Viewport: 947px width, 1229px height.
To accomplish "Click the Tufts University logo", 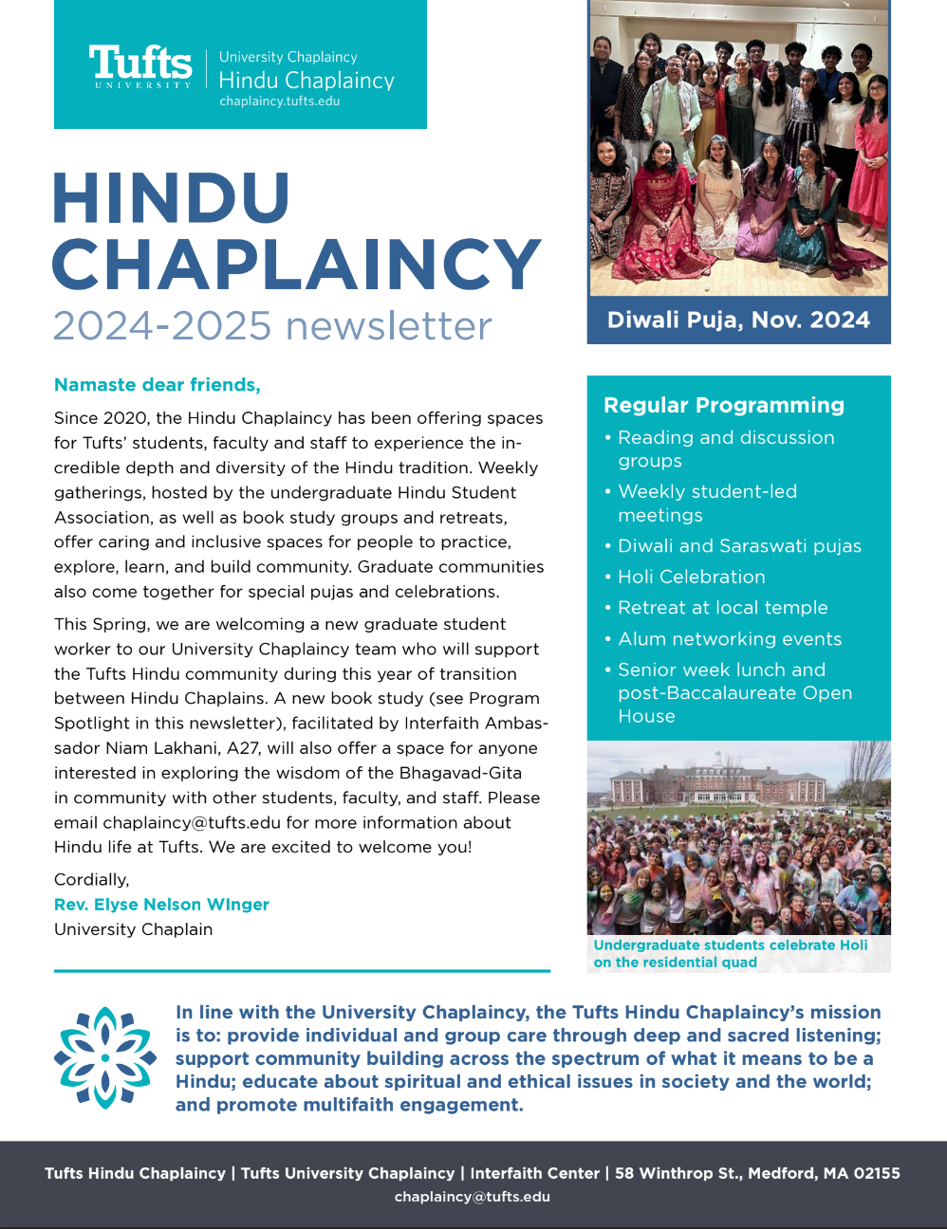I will (x=140, y=66).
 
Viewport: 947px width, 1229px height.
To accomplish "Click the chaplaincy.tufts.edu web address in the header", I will (x=279, y=101).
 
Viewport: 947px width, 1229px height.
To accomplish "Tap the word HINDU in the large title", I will (x=171, y=198).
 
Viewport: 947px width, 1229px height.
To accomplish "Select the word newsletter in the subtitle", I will (x=388, y=326).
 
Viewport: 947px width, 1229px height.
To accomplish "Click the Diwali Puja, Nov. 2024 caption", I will (x=738, y=320).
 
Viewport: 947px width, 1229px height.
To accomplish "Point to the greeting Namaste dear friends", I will (x=157, y=385).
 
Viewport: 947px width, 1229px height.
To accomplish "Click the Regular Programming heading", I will (x=723, y=405).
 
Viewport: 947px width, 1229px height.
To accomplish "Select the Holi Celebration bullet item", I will (x=691, y=577).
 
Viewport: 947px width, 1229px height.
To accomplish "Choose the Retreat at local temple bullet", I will (x=722, y=608).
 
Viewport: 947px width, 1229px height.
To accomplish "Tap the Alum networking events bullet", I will (x=729, y=639).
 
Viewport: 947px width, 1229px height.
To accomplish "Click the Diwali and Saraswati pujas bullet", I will (x=739, y=546).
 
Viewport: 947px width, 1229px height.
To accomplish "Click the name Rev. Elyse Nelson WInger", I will (x=161, y=905).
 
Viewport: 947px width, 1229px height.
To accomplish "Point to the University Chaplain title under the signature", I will (x=133, y=929).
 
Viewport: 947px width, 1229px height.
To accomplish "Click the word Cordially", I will (x=91, y=879).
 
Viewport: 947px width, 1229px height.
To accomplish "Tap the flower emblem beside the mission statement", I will (x=105, y=1057).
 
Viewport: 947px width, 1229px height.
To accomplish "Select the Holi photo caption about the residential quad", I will (x=730, y=953).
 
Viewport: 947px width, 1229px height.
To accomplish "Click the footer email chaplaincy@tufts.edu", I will (x=472, y=1197).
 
